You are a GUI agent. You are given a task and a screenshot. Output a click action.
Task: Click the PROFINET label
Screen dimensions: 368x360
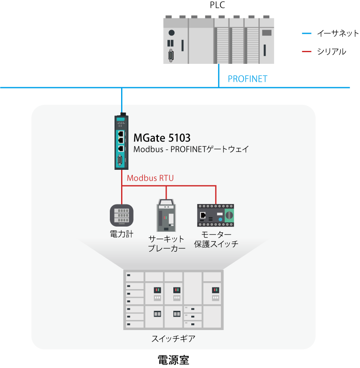click(247, 78)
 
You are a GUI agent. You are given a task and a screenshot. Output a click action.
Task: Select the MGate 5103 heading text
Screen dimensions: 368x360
click(162, 138)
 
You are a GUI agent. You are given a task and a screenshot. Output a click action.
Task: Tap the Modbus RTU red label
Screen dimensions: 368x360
click(150, 178)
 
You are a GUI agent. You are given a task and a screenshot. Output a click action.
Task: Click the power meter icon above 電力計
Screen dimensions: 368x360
click(122, 215)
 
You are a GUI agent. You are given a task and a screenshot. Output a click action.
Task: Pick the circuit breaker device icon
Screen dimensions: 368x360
click(166, 216)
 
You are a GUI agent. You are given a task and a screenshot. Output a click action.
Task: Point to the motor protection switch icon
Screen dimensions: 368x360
click(215, 215)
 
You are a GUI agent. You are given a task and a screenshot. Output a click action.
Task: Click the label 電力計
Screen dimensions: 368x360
click(122, 234)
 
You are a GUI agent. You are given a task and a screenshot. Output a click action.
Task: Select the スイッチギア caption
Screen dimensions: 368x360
click(173, 338)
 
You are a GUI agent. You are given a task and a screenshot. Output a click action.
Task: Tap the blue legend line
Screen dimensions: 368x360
click(307, 33)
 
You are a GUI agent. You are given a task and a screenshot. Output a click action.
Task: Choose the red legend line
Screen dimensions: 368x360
click(307, 52)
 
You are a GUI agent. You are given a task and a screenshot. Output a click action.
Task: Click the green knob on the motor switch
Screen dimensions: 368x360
click(229, 215)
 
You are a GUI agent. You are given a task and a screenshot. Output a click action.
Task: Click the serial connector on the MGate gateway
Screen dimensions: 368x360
click(121, 161)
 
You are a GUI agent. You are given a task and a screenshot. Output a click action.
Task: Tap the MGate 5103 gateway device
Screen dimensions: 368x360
click(121, 142)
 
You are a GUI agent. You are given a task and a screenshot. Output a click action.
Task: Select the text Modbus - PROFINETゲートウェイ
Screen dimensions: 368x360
click(191, 149)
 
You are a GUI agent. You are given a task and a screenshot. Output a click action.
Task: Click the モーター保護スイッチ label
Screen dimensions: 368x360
click(216, 239)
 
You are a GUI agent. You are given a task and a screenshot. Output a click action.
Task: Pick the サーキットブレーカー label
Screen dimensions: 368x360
click(167, 244)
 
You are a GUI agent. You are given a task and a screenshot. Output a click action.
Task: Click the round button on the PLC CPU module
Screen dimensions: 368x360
click(171, 33)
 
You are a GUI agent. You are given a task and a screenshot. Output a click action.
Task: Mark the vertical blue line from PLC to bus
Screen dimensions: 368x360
click(218, 76)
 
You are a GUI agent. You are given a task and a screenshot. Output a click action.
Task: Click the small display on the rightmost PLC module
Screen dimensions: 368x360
click(266, 33)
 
